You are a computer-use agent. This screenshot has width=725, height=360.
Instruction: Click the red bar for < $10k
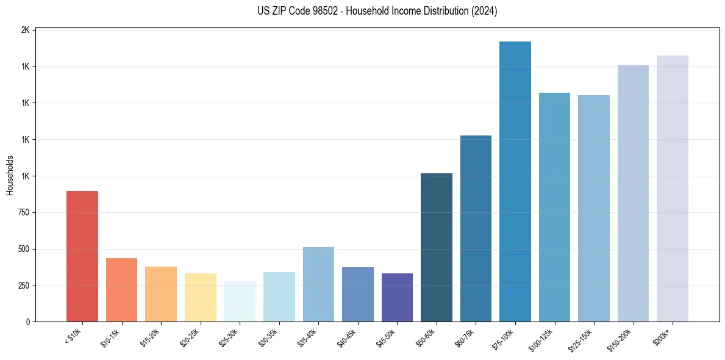pyautogui.click(x=82, y=256)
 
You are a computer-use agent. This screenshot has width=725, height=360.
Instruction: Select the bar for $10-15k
pyautogui.click(x=121, y=290)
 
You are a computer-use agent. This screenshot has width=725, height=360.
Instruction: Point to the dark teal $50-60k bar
pyautogui.click(x=437, y=247)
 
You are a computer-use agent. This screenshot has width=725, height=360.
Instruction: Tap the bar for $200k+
pyautogui.click(x=673, y=189)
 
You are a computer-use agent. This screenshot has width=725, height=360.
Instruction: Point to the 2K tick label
pyautogui.click(x=25, y=30)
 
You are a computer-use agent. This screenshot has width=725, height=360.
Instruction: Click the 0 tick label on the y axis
pyautogui.click(x=28, y=322)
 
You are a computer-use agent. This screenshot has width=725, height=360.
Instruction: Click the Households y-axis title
pyautogui.click(x=10, y=175)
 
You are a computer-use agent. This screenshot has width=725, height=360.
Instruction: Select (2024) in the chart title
pyautogui.click(x=484, y=11)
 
